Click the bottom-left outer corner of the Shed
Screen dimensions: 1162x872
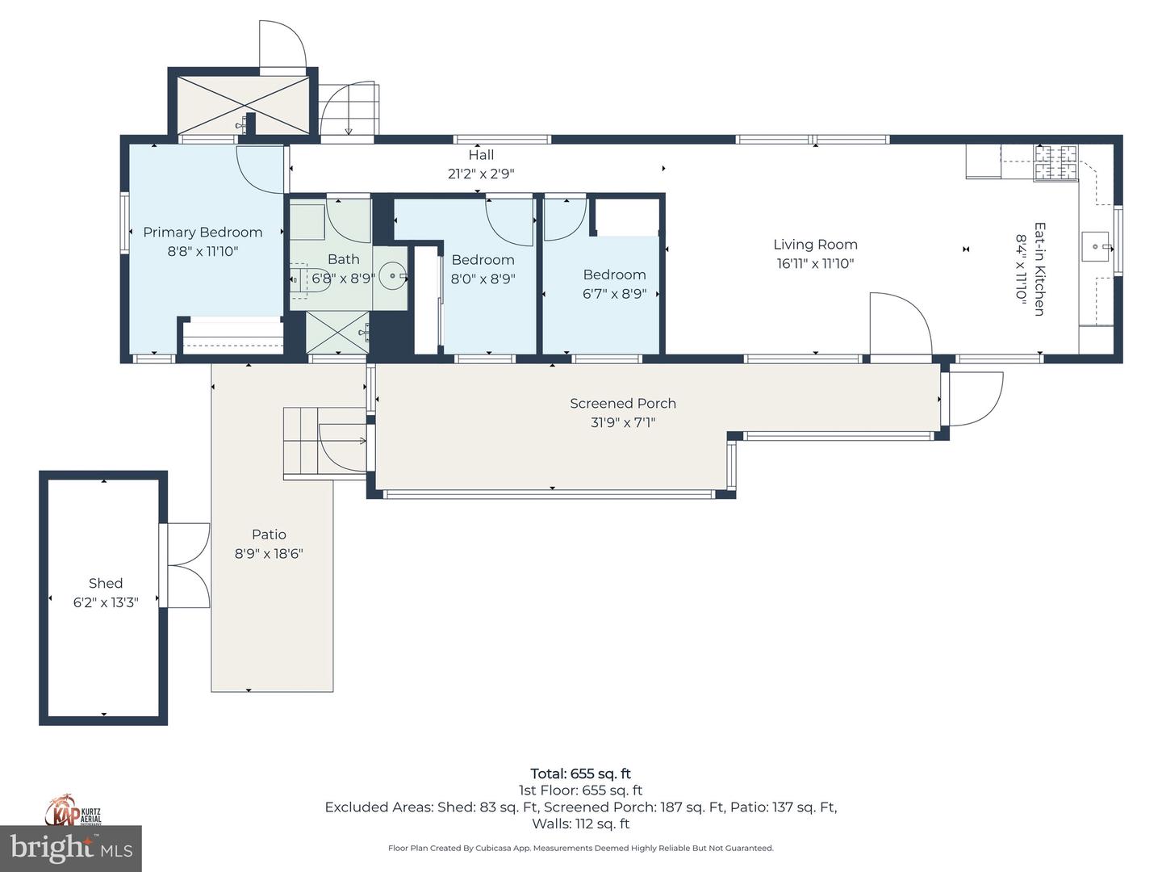40,725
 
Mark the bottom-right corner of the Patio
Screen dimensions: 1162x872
333,691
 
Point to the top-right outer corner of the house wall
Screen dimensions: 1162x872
1122,136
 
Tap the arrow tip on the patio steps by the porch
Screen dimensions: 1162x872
366,441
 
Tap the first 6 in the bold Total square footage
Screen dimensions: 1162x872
575,774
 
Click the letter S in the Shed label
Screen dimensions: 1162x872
93,584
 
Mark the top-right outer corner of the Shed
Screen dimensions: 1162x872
167,472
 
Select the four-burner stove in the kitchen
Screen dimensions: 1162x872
1055,162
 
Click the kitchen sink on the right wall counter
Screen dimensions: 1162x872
1095,247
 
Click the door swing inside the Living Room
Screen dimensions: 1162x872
901,324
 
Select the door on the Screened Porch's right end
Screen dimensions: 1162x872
976,399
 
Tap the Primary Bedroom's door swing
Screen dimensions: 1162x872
260,170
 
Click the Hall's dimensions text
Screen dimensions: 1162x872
481,174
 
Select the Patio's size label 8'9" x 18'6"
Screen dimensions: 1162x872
269,554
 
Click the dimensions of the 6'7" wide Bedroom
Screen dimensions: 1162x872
615,294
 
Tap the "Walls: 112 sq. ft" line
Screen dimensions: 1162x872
581,824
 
